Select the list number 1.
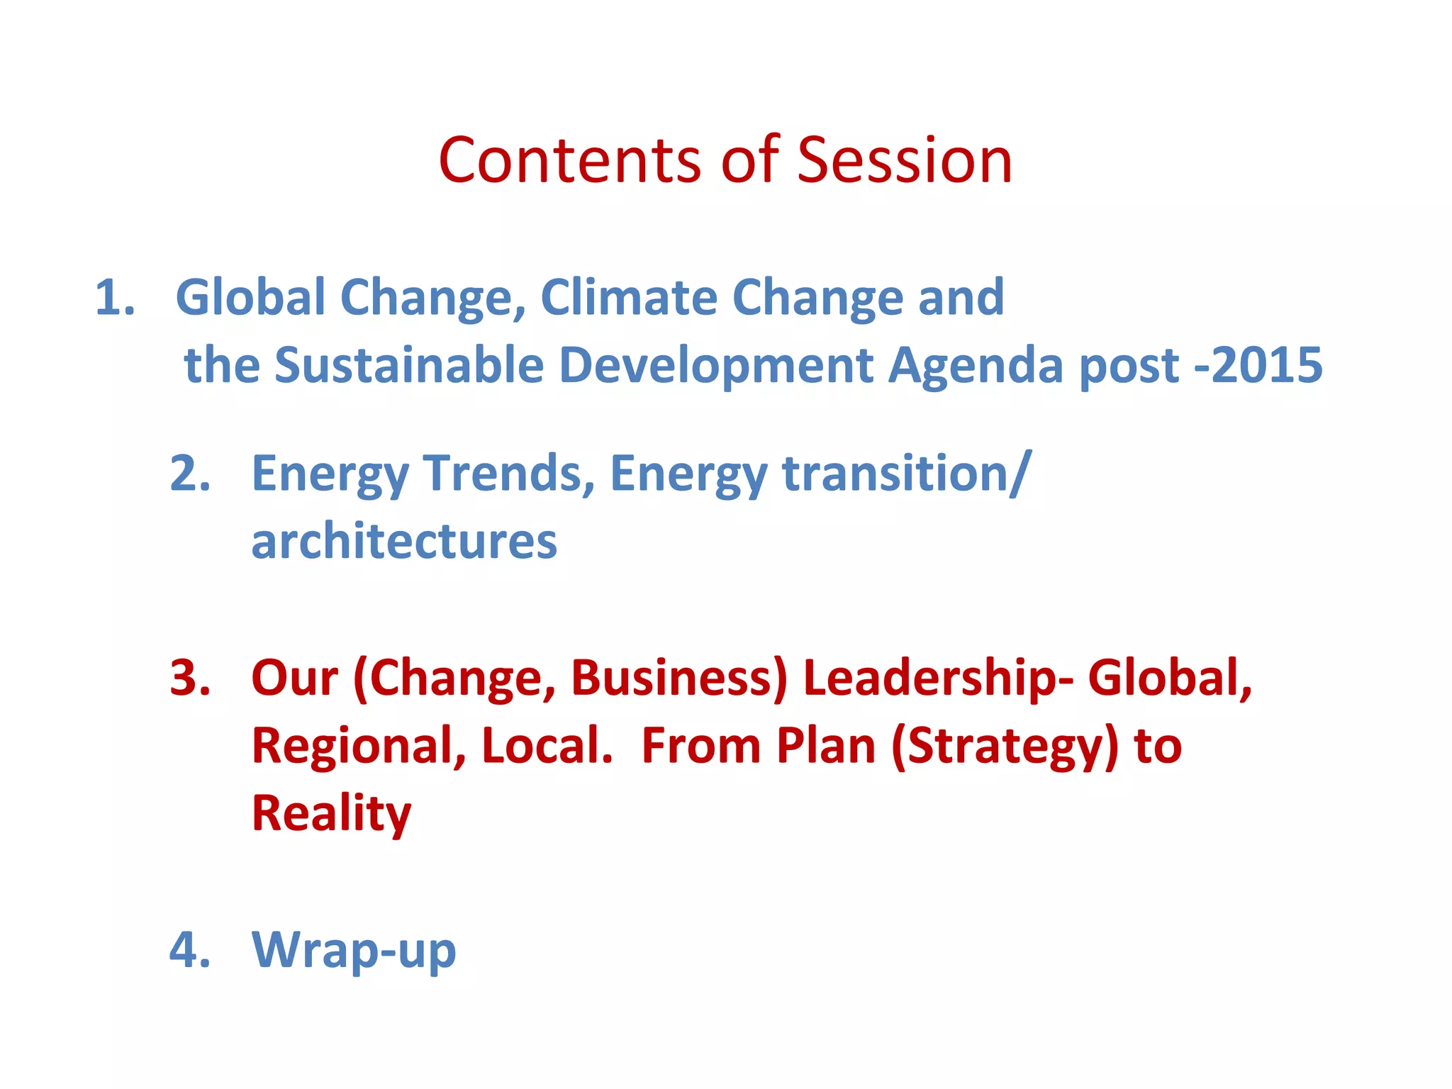[114, 297]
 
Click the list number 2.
[190, 473]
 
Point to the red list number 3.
[190, 678]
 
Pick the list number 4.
[190, 949]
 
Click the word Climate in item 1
[628, 297]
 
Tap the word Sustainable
[409, 365]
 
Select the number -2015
[1258, 365]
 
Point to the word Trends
[508, 473]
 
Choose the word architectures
[404, 542]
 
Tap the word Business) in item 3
[678, 679]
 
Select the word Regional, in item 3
[359, 747]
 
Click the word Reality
[331, 814]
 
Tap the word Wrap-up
[354, 951]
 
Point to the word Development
[716, 367]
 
